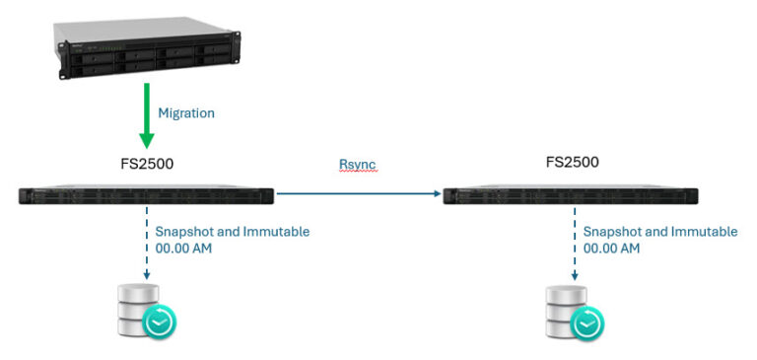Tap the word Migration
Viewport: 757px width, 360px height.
coord(186,113)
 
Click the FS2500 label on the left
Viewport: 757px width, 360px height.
coord(146,163)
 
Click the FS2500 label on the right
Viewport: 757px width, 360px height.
coord(572,162)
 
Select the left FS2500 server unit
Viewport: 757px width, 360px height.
coord(146,195)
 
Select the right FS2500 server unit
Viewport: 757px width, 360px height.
coord(571,195)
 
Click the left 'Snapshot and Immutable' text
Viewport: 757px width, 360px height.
coord(233,232)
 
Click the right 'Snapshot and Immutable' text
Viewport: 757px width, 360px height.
coord(660,232)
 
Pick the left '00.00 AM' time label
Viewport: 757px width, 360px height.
coord(183,249)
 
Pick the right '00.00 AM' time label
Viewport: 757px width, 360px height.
coord(611,249)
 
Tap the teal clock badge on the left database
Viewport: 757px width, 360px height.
coord(159,322)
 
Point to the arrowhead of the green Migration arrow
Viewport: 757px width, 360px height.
coord(147,140)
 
